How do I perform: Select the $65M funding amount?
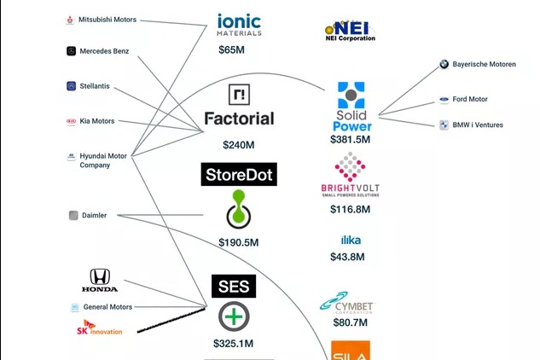(x=233, y=50)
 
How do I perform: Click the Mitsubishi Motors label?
(x=107, y=20)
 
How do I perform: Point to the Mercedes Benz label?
(x=104, y=51)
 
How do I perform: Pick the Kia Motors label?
(x=96, y=121)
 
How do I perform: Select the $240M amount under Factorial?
(x=239, y=145)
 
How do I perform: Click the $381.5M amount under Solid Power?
(x=351, y=138)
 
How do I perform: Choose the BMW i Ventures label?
(x=477, y=125)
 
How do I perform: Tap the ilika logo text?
(x=351, y=241)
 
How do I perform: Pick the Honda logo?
(x=99, y=281)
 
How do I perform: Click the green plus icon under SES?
(x=233, y=316)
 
